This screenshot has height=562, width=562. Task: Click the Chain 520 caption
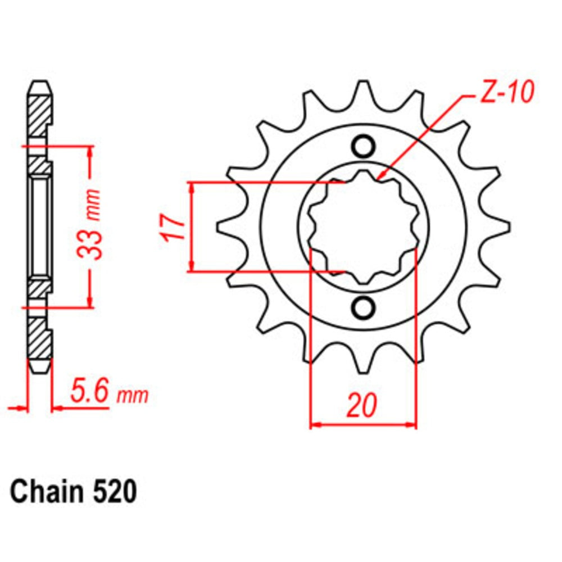73,492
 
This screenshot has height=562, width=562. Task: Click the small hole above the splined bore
364,147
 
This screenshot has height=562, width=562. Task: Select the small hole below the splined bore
364,307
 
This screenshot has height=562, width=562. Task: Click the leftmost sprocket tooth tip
220,226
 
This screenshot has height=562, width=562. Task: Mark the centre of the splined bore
364,227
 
